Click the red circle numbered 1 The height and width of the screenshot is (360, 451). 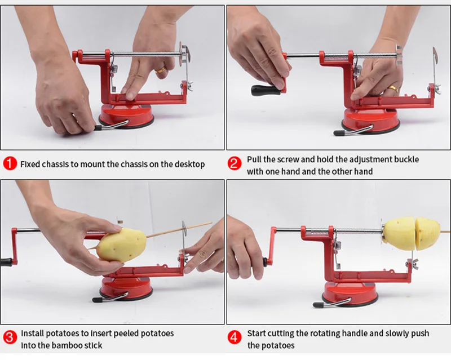(10, 163)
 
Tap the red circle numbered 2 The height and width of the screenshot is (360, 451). (234, 163)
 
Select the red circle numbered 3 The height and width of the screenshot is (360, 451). (10, 337)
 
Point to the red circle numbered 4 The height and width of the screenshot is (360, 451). (234, 337)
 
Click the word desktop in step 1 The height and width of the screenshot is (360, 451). (189, 164)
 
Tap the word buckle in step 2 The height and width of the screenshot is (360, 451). (406, 159)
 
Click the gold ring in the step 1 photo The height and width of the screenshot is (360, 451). (160, 70)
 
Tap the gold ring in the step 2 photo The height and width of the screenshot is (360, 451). (392, 88)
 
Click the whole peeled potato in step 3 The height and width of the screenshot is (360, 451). (121, 245)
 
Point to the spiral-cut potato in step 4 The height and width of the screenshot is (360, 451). (412, 234)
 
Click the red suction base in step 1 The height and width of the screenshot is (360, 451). (126, 117)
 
